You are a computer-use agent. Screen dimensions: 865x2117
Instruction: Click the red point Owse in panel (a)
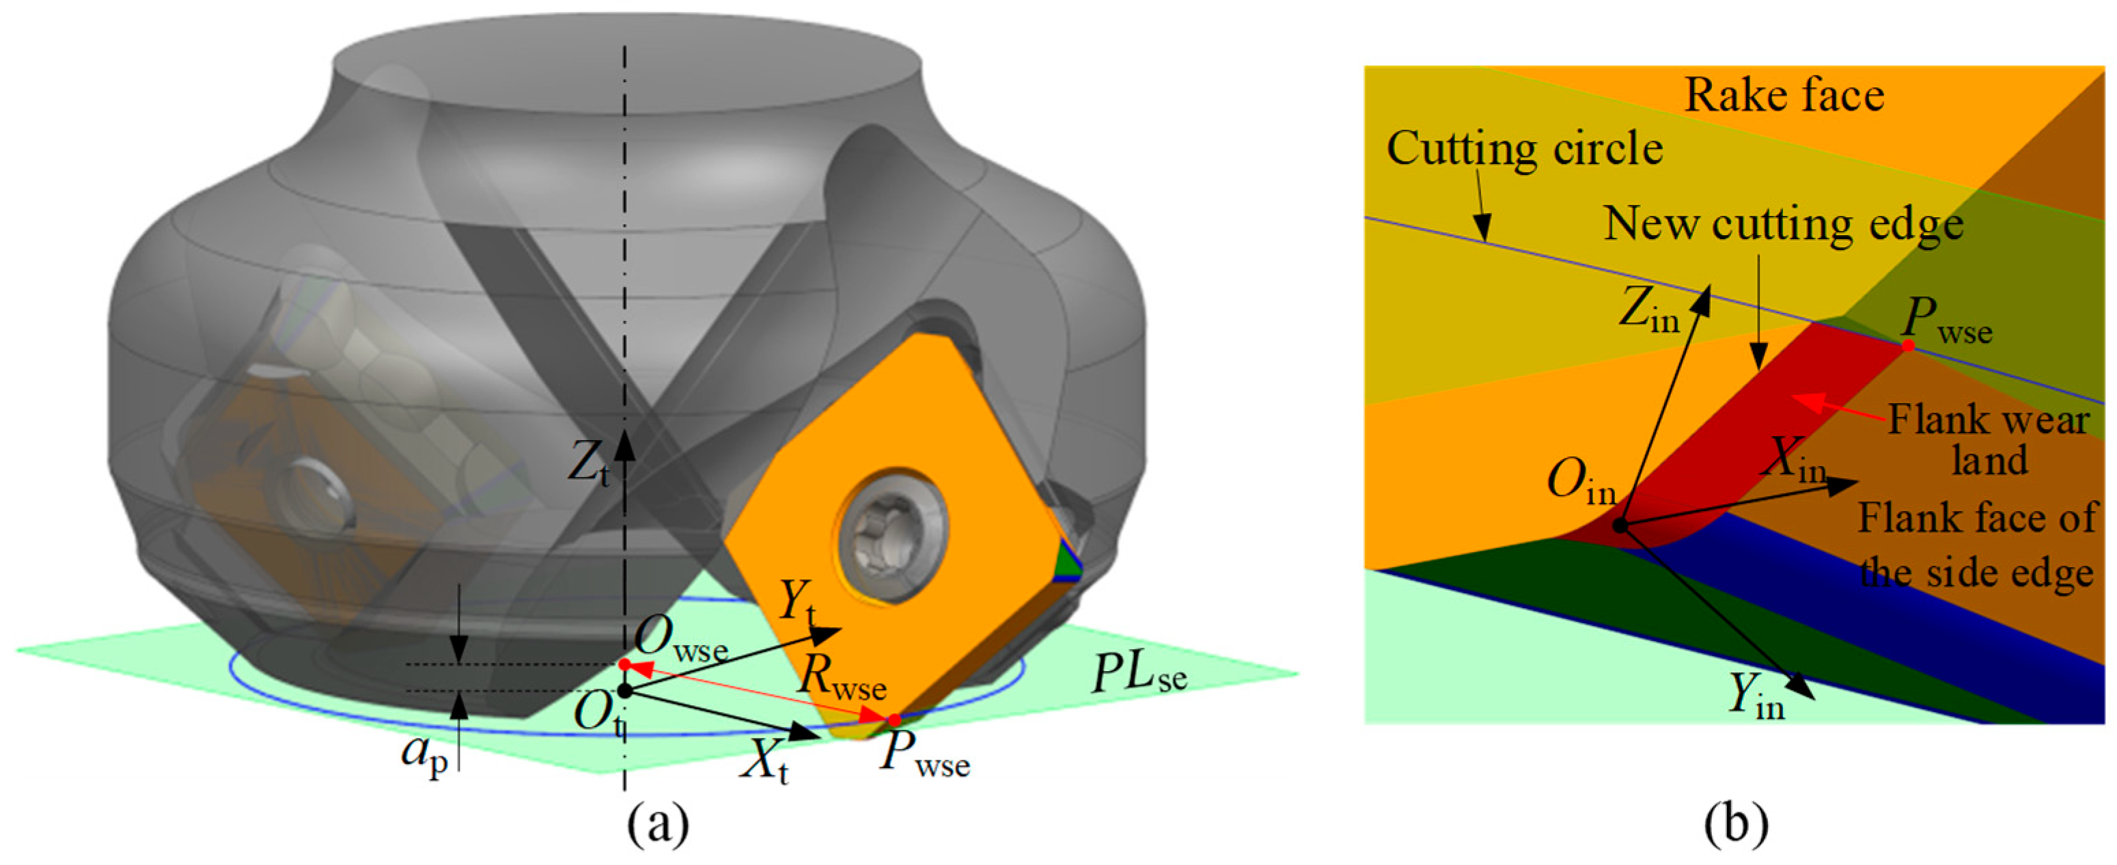click(624, 663)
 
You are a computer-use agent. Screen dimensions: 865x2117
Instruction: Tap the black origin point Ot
click(624, 691)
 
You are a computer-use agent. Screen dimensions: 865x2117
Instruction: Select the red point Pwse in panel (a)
click(894, 720)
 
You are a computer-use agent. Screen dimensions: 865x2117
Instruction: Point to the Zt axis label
click(590, 465)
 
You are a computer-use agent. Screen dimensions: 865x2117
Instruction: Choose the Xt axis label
click(764, 765)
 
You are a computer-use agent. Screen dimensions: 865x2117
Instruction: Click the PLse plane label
click(1138, 675)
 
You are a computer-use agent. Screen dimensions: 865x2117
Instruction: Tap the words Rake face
click(1784, 96)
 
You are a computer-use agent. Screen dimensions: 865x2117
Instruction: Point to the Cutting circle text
click(1525, 149)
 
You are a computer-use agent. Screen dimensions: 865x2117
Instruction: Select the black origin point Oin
click(1620, 525)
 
